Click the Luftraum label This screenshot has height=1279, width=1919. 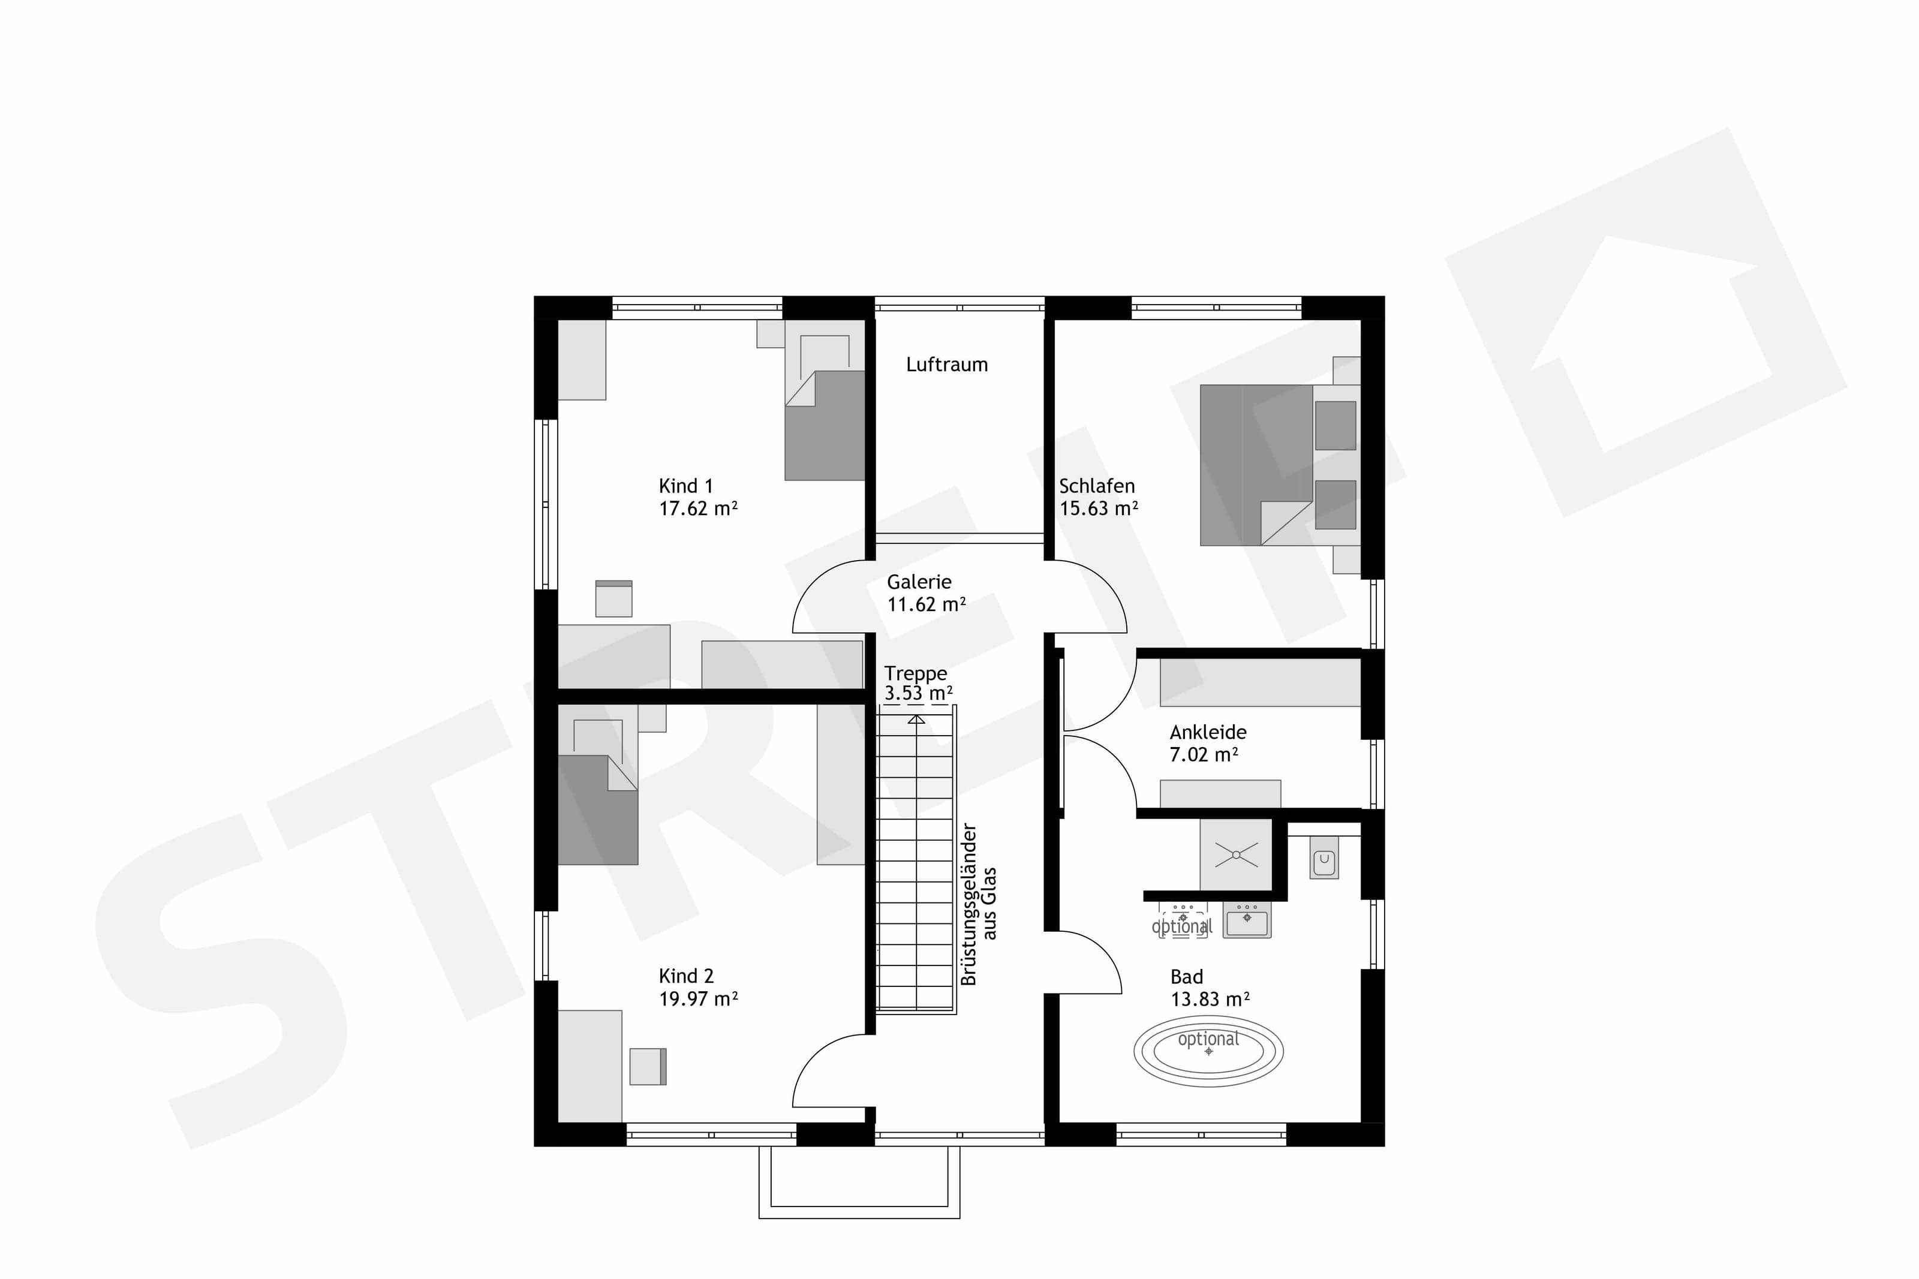tap(946, 365)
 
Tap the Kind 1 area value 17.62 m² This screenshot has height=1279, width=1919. tap(698, 508)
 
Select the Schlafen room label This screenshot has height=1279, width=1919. tap(1096, 486)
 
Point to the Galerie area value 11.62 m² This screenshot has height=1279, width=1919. tap(927, 604)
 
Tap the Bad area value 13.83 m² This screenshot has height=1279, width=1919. tap(1210, 999)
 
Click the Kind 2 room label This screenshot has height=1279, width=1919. tap(686, 976)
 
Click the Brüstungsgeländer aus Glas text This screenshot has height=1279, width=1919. tap(979, 904)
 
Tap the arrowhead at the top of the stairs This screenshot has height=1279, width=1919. tap(917, 720)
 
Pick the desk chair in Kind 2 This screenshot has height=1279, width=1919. tap(648, 1066)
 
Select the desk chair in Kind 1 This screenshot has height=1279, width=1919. tap(613, 598)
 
